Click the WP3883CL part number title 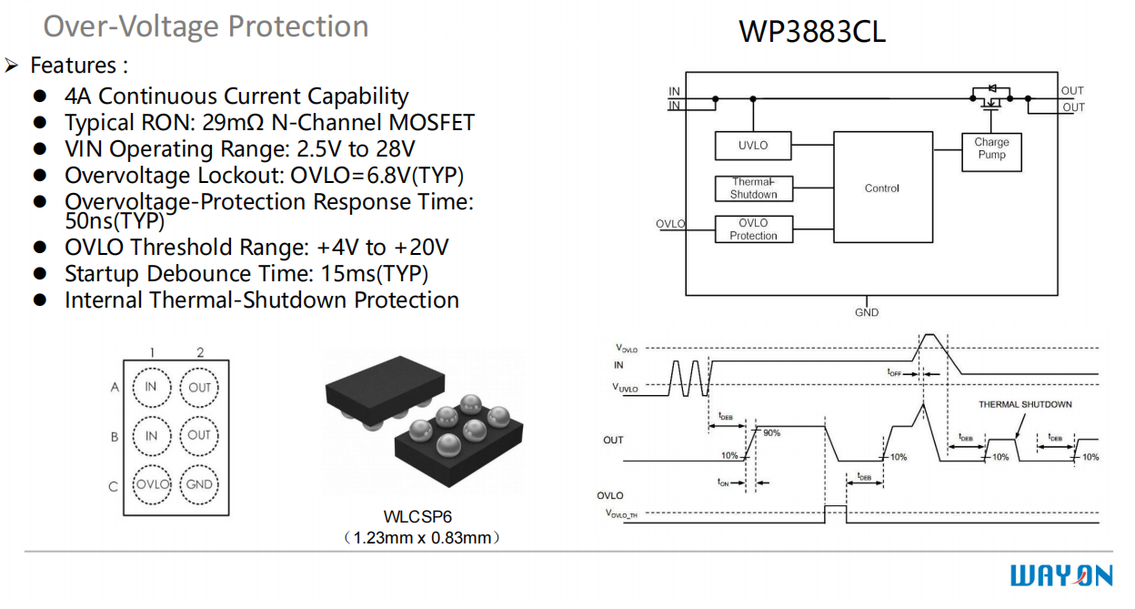click(x=811, y=32)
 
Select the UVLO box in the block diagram click(x=753, y=146)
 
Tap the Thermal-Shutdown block click(x=753, y=188)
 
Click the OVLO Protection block click(x=753, y=229)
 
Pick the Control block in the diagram click(x=882, y=188)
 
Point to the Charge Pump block click(x=991, y=149)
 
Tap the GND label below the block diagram click(x=867, y=313)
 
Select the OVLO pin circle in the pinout click(x=152, y=484)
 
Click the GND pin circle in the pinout click(x=199, y=484)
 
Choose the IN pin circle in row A click(x=152, y=387)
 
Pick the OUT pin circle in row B click(x=199, y=435)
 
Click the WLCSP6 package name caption click(x=418, y=517)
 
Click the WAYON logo click(x=1060, y=576)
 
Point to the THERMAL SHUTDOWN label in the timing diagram click(x=1025, y=404)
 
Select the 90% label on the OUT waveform click(x=771, y=433)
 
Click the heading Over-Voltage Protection click(x=206, y=26)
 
